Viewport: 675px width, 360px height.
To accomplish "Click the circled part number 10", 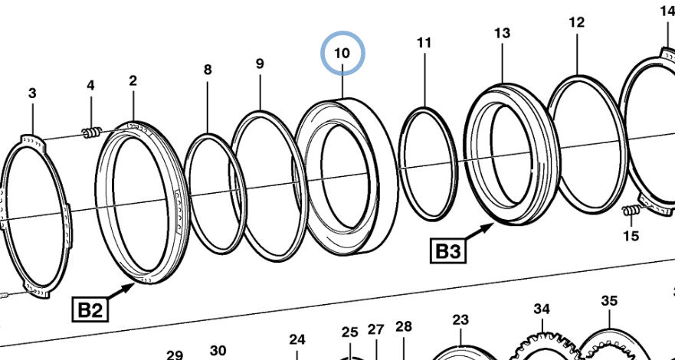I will click(342, 54).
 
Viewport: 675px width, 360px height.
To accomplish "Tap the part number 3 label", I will click(32, 93).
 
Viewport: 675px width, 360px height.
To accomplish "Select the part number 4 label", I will click(90, 85).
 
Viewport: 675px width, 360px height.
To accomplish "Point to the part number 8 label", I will click(208, 70).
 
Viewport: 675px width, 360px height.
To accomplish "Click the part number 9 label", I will click(260, 64).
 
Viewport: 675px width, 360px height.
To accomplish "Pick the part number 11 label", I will click(424, 43).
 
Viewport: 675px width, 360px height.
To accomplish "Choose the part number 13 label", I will click(502, 33).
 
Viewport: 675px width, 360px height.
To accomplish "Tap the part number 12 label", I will click(576, 23).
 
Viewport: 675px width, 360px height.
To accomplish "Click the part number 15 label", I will click(631, 236).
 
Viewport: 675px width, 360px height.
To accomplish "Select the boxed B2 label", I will click(90, 309).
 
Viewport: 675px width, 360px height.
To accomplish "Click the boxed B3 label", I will click(448, 250).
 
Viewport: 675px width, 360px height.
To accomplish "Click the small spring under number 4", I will click(91, 134).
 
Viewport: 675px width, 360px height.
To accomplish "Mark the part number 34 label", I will click(542, 309).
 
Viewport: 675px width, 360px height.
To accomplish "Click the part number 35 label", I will click(609, 301).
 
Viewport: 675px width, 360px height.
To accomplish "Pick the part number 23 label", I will click(460, 319).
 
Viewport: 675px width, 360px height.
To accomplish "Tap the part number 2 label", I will click(133, 80).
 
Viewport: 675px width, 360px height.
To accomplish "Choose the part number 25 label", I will click(350, 332).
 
